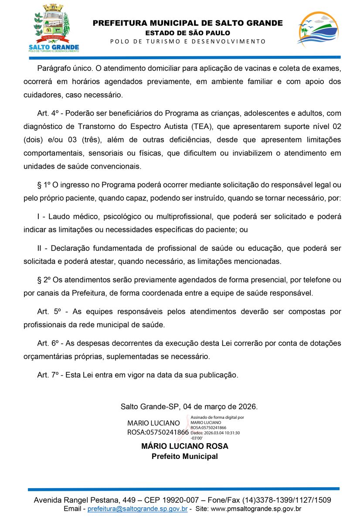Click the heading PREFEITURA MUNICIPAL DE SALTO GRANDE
click(188, 23)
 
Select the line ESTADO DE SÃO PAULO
click(188, 33)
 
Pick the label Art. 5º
click(48, 312)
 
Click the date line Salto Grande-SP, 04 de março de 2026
click(189, 407)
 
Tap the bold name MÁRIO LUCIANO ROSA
click(185, 446)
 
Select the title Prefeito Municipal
click(185, 456)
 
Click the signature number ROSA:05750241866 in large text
click(158, 432)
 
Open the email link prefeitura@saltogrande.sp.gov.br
click(138, 509)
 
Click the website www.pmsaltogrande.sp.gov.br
click(256, 509)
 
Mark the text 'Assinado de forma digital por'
click(217, 418)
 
